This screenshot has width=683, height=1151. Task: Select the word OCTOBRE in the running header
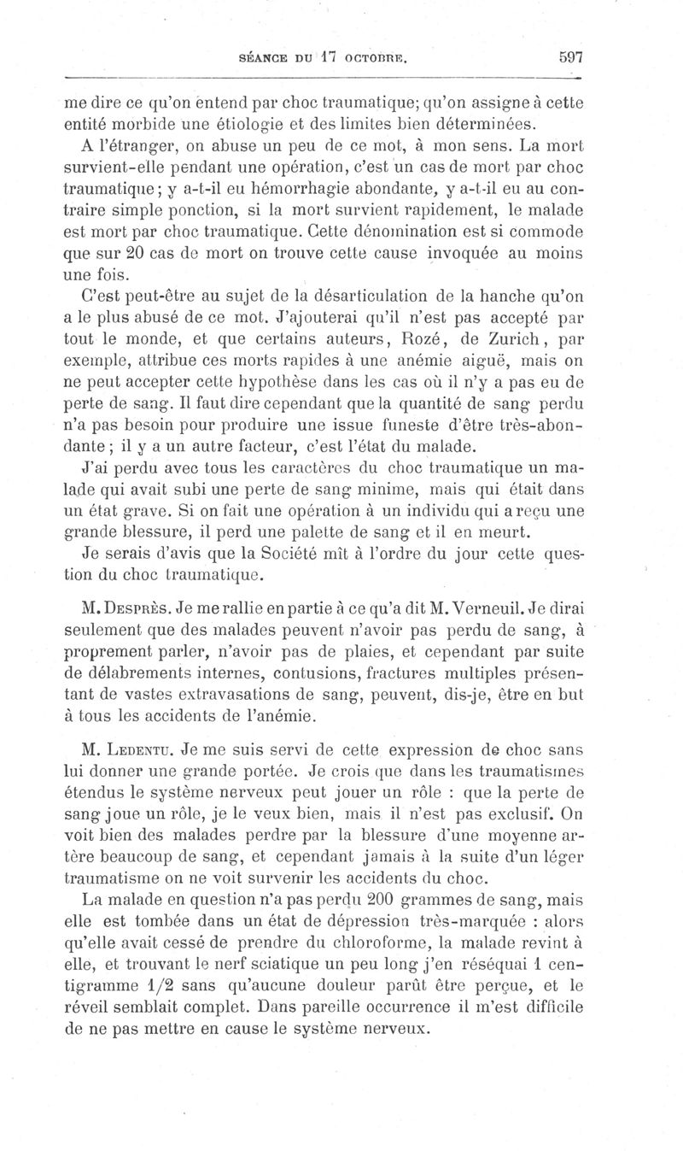[x=376, y=60]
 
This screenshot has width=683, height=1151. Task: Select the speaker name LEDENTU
[x=139, y=751]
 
